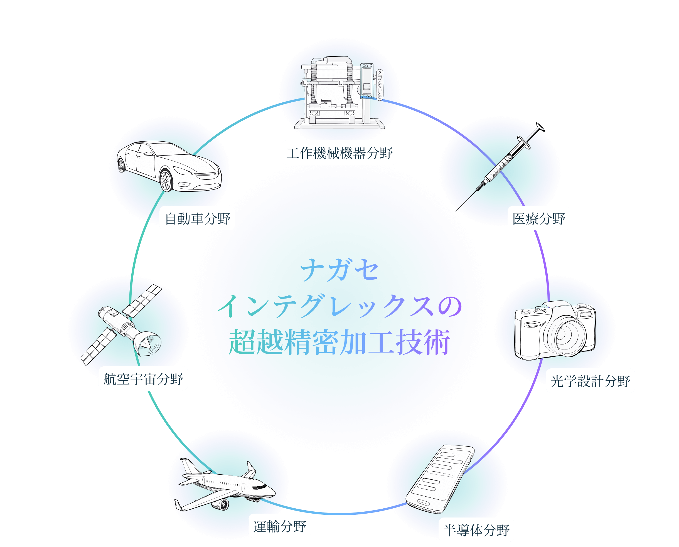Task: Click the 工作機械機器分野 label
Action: (x=339, y=153)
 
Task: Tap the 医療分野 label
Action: (x=538, y=218)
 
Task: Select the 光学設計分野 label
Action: (x=590, y=381)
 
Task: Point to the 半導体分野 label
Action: (x=476, y=530)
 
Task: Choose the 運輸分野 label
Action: (x=279, y=526)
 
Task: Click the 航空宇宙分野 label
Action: (x=143, y=378)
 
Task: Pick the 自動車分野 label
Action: (x=197, y=218)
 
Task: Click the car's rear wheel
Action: (x=121, y=165)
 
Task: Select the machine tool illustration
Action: (x=339, y=93)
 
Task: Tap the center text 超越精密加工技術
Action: (x=339, y=342)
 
